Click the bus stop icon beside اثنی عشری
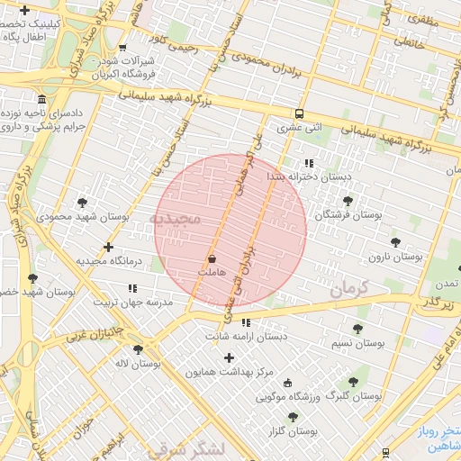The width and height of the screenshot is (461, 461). (x=298, y=113)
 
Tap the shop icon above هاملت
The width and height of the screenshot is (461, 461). (x=212, y=258)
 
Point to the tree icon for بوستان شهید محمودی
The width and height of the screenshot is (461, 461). (x=84, y=203)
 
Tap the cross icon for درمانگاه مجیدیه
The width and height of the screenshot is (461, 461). (x=109, y=247)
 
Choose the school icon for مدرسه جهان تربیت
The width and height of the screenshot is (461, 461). (x=132, y=289)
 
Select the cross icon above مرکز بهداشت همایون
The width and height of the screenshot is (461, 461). (x=229, y=357)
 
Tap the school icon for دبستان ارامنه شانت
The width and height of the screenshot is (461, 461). (x=245, y=323)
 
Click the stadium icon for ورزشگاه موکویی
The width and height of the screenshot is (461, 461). (x=287, y=383)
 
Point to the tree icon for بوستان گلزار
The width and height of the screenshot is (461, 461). (x=293, y=417)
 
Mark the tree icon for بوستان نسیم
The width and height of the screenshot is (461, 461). (x=357, y=330)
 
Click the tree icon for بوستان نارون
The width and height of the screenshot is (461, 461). (x=395, y=242)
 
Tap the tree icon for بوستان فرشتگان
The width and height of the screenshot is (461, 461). (x=348, y=201)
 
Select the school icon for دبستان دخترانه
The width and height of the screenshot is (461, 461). (x=309, y=164)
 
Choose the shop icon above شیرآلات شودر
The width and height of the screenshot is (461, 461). (x=122, y=49)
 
